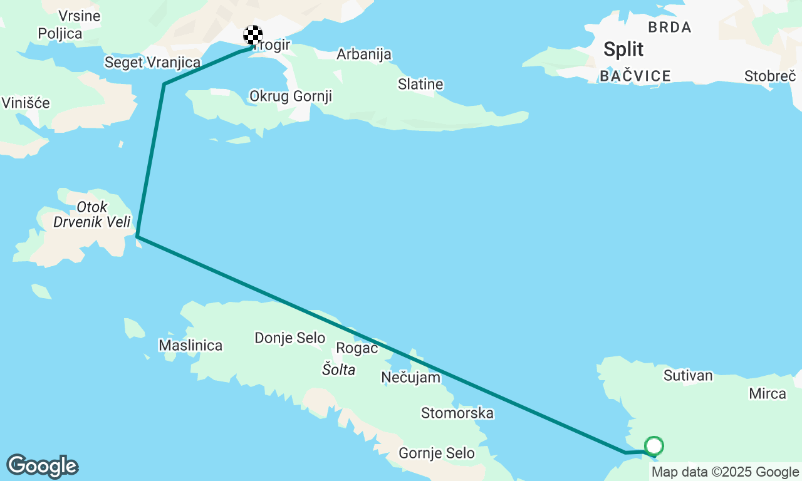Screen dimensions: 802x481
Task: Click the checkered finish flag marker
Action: (x=253, y=35)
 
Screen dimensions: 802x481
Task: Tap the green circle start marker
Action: (x=654, y=446)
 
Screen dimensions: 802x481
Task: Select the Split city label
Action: (x=623, y=49)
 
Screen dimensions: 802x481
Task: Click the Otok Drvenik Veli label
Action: (x=91, y=214)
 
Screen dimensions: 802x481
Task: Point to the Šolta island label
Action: (x=338, y=370)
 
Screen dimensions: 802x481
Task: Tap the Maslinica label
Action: (x=190, y=345)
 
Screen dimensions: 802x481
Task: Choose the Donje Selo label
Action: (x=289, y=338)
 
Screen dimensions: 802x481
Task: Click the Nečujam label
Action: (x=410, y=377)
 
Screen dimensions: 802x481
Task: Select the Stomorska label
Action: (x=457, y=413)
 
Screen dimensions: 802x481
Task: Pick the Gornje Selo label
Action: (x=436, y=453)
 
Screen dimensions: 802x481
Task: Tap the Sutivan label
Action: (x=688, y=376)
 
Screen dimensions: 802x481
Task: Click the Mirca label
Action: (x=767, y=393)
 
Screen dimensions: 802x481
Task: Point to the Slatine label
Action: (x=420, y=84)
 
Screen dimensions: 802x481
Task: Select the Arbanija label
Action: (x=364, y=54)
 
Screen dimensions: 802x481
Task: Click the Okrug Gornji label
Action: (x=290, y=96)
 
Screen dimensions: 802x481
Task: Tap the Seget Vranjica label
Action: (x=152, y=63)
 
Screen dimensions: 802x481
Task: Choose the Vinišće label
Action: (x=26, y=103)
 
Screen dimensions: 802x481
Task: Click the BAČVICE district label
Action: (x=635, y=76)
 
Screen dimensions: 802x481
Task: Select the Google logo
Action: (x=42, y=466)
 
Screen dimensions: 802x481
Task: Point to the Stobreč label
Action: (x=770, y=76)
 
